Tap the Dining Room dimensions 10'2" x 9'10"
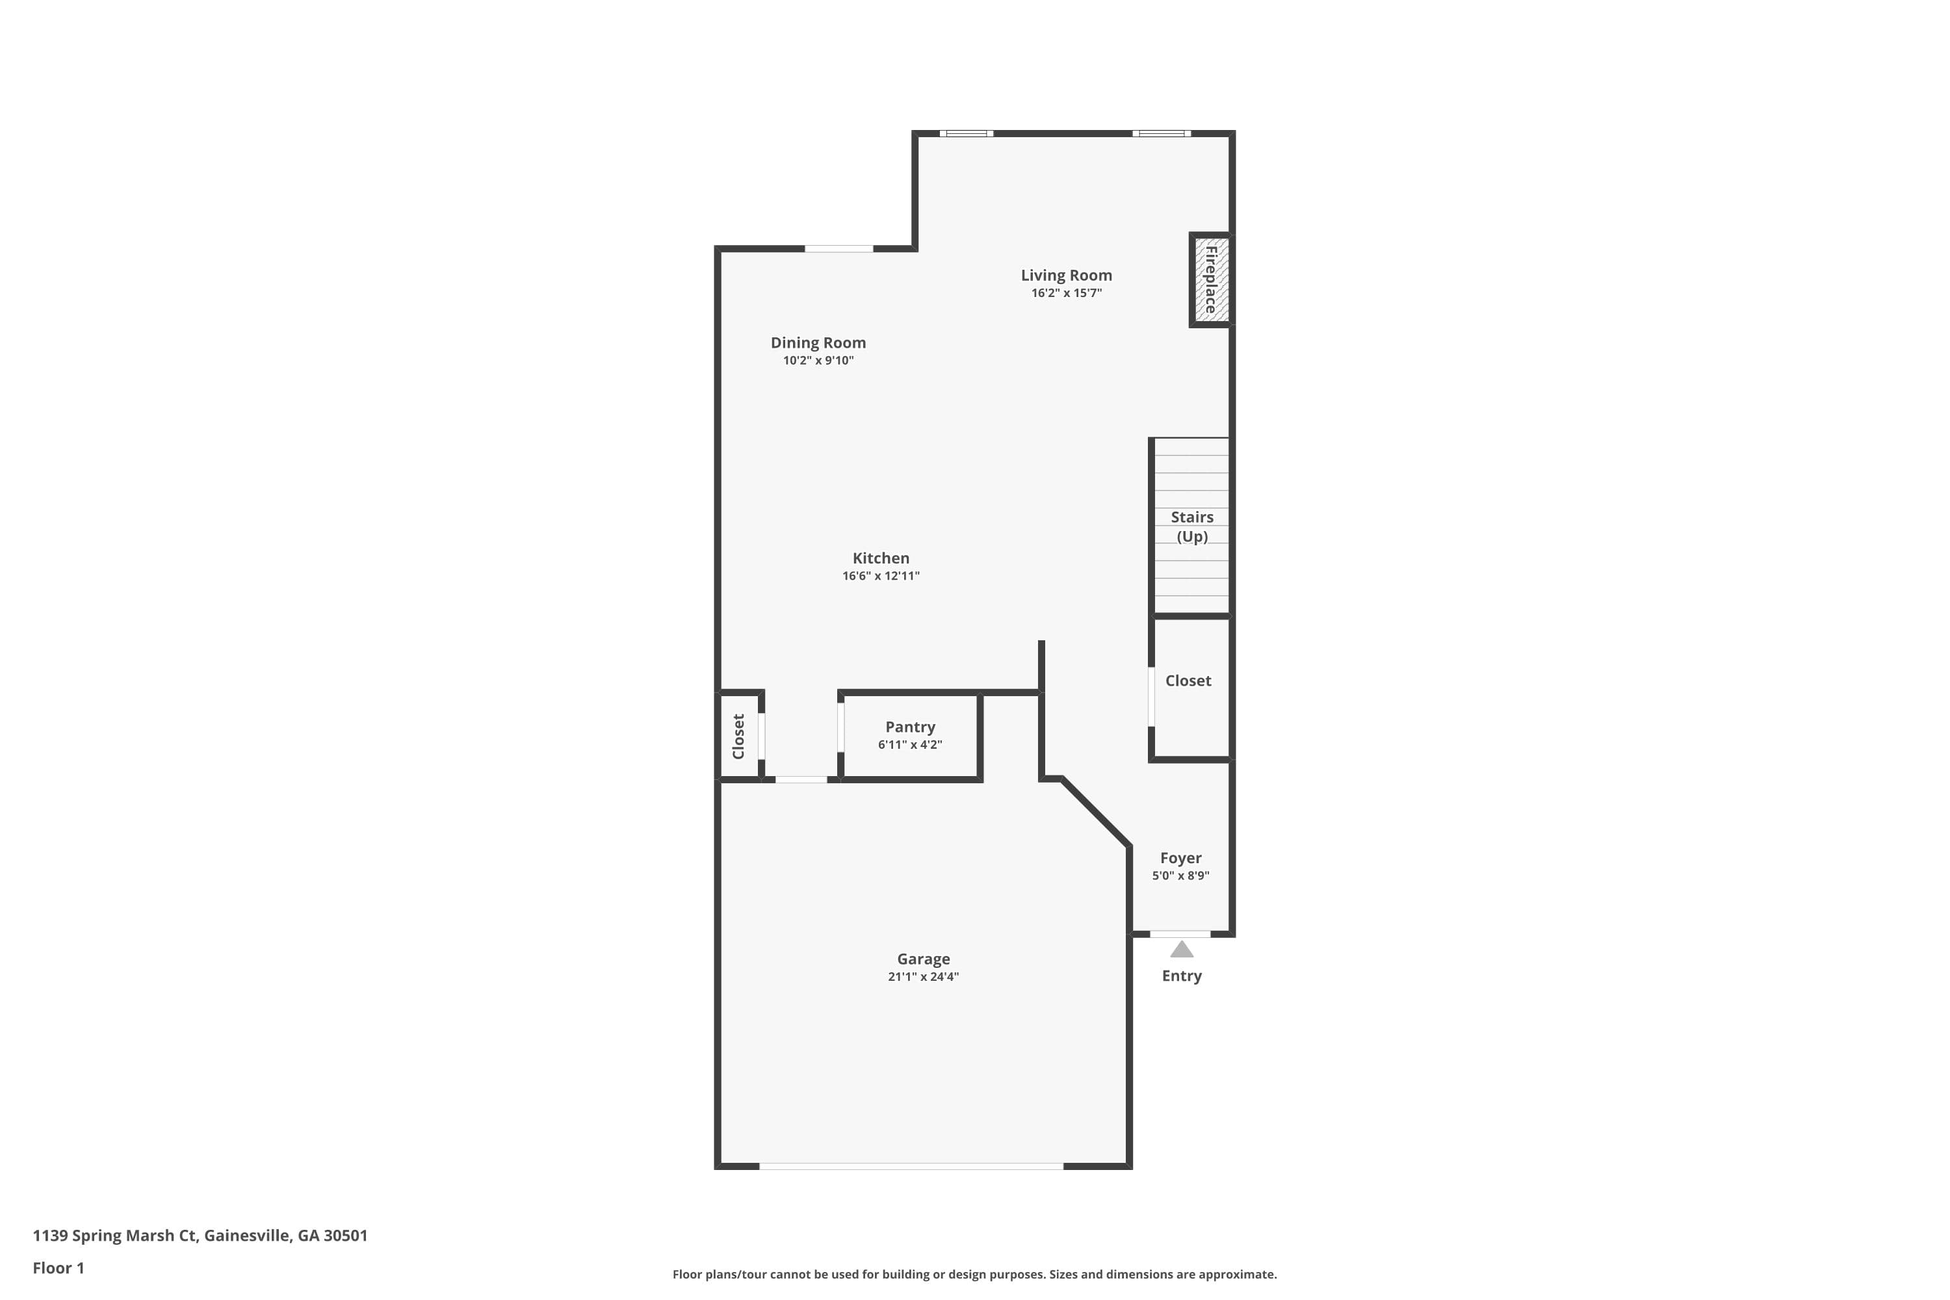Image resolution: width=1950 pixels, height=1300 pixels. [x=818, y=361]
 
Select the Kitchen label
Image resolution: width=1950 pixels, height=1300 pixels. [x=881, y=558]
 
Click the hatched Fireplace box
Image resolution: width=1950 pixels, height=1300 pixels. [x=1210, y=279]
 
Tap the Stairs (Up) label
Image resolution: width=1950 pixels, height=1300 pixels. [x=1191, y=526]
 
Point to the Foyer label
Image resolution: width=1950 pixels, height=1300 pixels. [x=1180, y=858]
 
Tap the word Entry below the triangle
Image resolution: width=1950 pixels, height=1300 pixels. [x=1182, y=976]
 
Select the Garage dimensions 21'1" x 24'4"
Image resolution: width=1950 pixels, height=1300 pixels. [x=923, y=977]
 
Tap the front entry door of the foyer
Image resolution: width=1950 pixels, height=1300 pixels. [x=1180, y=935]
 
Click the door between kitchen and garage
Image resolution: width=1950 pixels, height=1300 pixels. [x=800, y=779]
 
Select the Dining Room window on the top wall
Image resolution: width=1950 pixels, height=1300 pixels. [x=838, y=249]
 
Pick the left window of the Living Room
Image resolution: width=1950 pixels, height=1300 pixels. [x=966, y=133]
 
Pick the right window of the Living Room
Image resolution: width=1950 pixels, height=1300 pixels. [x=1161, y=133]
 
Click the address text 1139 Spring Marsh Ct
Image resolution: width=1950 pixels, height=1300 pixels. [x=200, y=1236]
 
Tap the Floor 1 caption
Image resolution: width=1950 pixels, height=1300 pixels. [x=58, y=1267]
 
